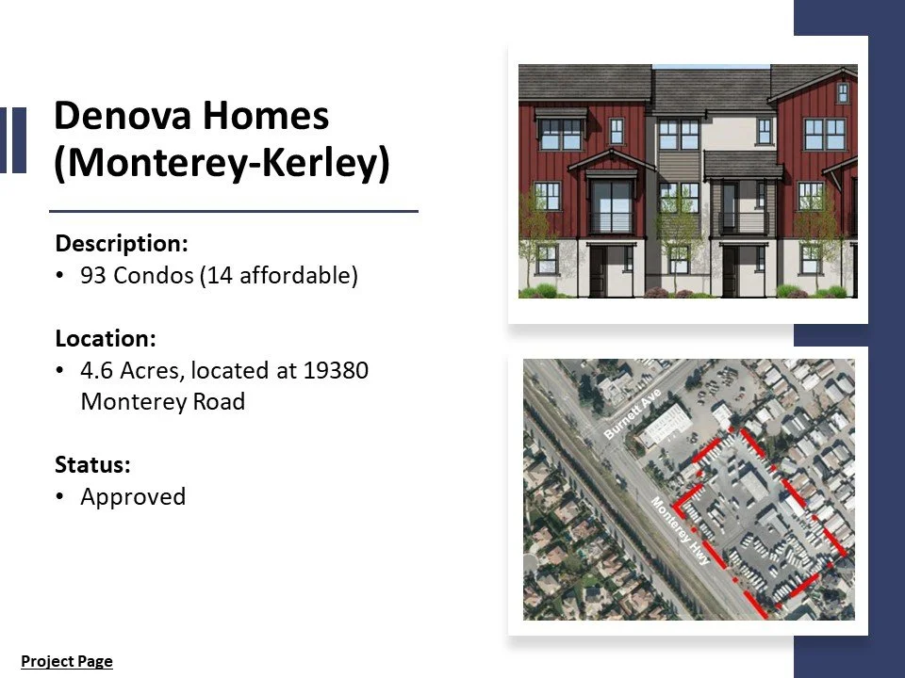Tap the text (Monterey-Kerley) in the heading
pyautogui.click(x=222, y=164)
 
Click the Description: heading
pyautogui.click(x=122, y=243)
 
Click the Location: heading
pyautogui.click(x=106, y=337)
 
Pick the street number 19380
pyautogui.click(x=336, y=370)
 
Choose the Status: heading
pyautogui.click(x=92, y=464)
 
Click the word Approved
pyautogui.click(x=133, y=496)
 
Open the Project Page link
pyautogui.click(x=67, y=661)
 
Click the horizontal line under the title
pyautogui.click(x=233, y=212)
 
